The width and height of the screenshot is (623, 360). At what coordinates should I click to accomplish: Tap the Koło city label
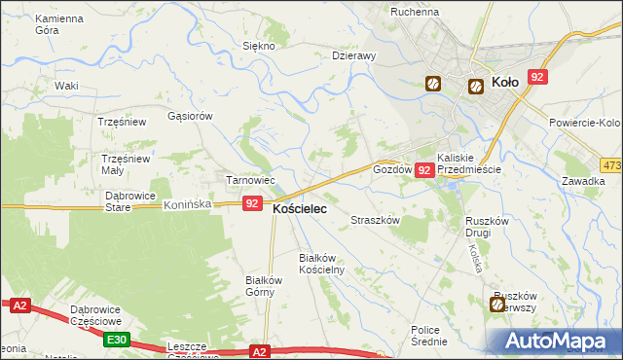tap(506, 84)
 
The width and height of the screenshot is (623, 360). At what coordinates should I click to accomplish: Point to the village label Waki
tap(66, 86)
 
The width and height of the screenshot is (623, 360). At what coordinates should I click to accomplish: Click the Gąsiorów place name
tap(190, 116)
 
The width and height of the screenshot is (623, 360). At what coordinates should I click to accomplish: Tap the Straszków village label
tap(376, 221)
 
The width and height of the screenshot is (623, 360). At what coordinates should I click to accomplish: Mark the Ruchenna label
tap(415, 12)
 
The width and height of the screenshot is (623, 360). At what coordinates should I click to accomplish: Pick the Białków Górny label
tap(263, 285)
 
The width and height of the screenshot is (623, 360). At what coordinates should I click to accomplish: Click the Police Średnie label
tap(428, 336)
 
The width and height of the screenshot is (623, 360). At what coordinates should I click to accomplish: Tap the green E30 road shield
tap(117, 339)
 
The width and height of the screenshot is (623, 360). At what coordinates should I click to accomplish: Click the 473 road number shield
tap(611, 165)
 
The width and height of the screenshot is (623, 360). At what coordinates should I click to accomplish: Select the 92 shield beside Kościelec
tap(252, 203)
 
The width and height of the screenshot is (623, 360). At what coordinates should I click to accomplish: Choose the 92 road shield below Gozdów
tap(423, 170)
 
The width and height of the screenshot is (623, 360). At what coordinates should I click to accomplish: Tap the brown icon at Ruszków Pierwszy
tap(497, 306)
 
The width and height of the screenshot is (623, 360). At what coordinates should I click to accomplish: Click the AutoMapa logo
tap(559, 342)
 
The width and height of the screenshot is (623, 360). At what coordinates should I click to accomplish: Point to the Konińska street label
tap(188, 205)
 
